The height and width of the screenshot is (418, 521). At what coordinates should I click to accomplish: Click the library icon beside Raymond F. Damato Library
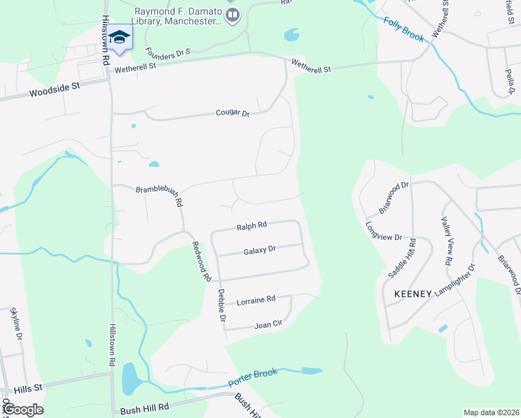point(234,14)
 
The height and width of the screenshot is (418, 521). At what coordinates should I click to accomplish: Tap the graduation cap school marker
point(120,38)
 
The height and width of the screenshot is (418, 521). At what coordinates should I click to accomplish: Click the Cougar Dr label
point(233,113)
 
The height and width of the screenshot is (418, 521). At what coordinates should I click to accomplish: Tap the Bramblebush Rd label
point(160,193)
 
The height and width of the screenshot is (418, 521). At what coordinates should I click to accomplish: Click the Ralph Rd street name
point(251,226)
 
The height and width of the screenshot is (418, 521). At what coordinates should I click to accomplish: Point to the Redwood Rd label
point(201,261)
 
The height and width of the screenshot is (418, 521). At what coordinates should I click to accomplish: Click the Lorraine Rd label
point(256,300)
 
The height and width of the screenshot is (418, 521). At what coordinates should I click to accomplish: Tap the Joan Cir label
point(267,324)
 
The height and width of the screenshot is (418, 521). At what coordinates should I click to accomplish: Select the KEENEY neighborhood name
point(413,293)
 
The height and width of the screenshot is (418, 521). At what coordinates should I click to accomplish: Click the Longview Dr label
point(384,231)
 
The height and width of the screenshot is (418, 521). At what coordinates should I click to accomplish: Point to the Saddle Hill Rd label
point(402,259)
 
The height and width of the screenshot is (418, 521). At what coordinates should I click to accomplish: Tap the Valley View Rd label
point(447,241)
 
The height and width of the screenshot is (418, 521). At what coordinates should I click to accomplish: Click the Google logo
point(22,410)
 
